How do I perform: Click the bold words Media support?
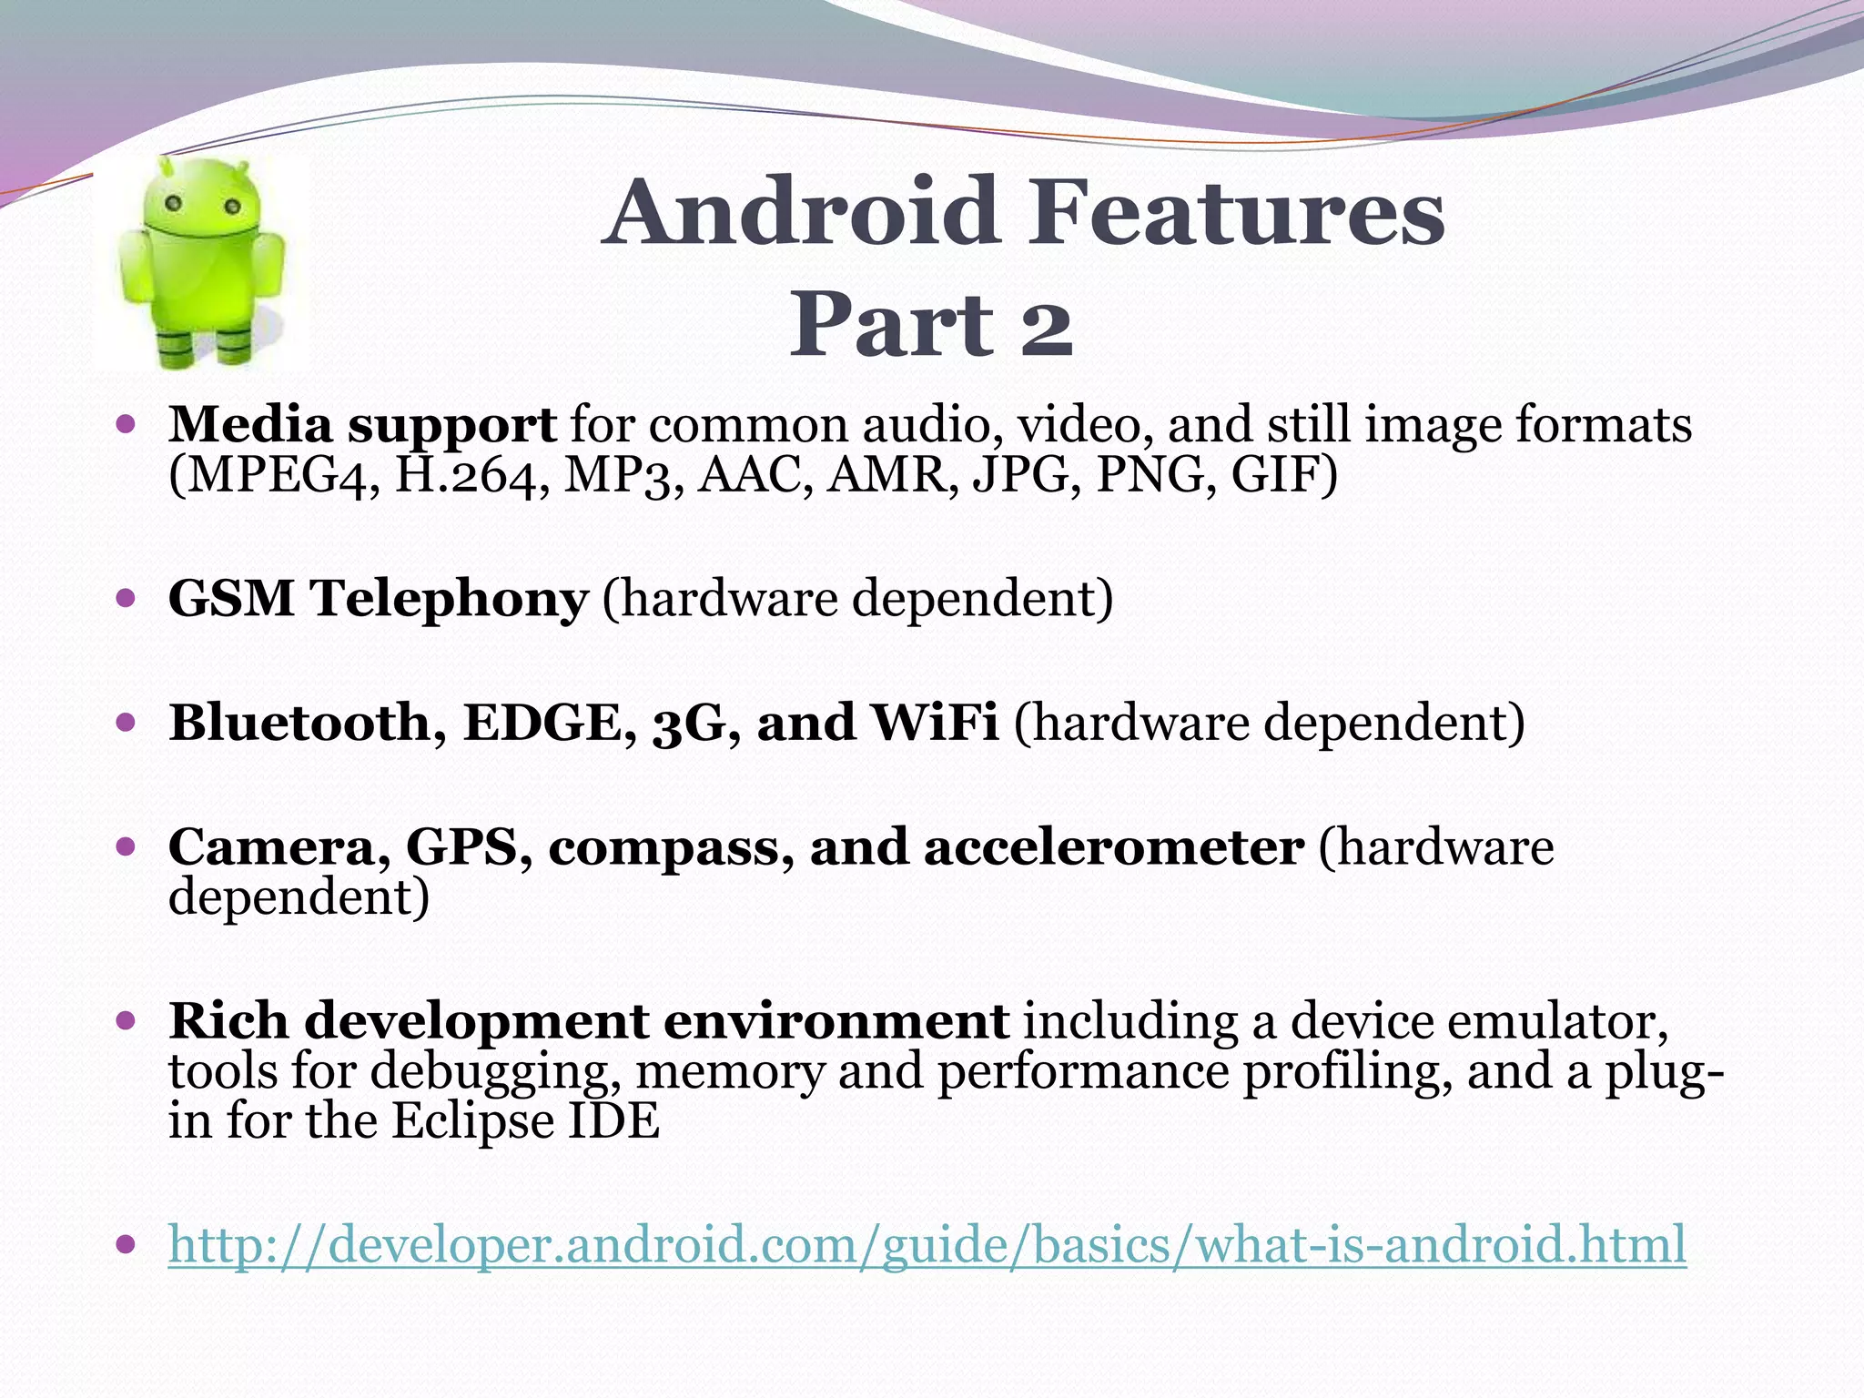coord(362,424)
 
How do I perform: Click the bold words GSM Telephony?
coord(379,599)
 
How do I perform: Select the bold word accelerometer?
coord(1113,847)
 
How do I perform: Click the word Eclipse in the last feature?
coord(473,1121)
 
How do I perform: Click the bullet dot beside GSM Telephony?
coord(127,599)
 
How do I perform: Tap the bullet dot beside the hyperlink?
coord(127,1243)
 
